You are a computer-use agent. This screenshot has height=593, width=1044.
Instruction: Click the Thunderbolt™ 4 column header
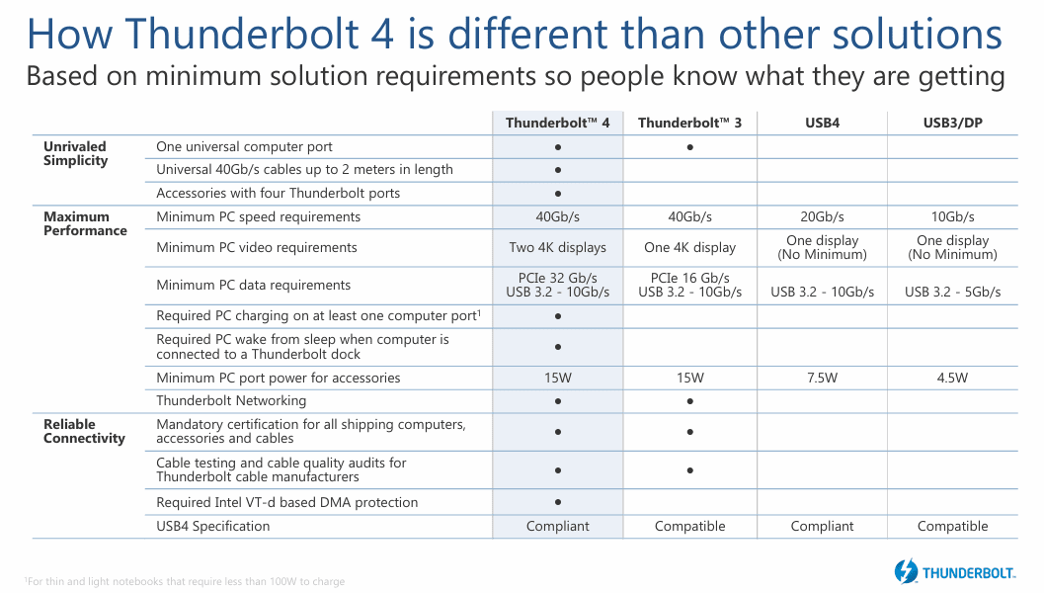pyautogui.click(x=558, y=124)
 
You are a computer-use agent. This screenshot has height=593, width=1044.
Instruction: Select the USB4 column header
pyautogui.click(x=822, y=124)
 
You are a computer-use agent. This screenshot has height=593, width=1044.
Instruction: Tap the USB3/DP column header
pyautogui.click(x=952, y=124)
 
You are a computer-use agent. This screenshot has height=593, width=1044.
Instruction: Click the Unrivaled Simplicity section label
pyautogui.click(x=75, y=153)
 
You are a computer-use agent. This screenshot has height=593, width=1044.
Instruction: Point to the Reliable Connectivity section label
pyautogui.click(x=84, y=431)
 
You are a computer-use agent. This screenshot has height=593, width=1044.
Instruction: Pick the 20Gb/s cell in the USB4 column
pyautogui.click(x=822, y=216)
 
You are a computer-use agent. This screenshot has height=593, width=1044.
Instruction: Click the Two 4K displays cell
pyautogui.click(x=558, y=247)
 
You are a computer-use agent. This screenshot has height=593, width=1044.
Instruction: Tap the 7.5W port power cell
pyautogui.click(x=822, y=378)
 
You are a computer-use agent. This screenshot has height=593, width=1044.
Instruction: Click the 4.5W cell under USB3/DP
pyautogui.click(x=952, y=378)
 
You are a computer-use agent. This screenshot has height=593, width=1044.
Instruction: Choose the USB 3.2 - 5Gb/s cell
pyautogui.click(x=952, y=292)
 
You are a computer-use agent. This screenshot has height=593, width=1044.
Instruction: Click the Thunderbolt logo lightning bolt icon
pyautogui.click(x=906, y=570)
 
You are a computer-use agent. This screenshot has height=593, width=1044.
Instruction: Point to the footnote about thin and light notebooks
pyautogui.click(x=184, y=581)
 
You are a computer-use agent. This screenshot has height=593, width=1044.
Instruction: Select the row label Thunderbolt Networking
pyautogui.click(x=231, y=400)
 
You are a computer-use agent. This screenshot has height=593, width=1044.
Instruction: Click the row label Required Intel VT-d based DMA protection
pyautogui.click(x=286, y=502)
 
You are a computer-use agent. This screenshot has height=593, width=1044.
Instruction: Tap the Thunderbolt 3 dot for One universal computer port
pyautogui.click(x=689, y=146)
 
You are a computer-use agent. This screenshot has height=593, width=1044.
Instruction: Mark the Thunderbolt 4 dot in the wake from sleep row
pyautogui.click(x=558, y=347)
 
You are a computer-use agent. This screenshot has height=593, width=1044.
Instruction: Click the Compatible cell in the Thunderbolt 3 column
pyautogui.click(x=689, y=526)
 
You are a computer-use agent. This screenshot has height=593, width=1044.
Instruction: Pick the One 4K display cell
pyautogui.click(x=689, y=247)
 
